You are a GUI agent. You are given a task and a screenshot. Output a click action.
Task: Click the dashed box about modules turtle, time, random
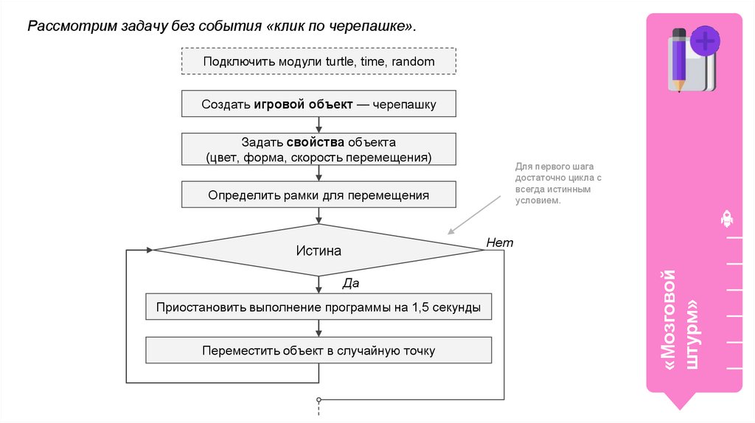tap(319, 61)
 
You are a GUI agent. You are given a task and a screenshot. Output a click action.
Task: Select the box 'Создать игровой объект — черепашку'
tap(319, 104)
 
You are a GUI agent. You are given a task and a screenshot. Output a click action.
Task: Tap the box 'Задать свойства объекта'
tap(319, 150)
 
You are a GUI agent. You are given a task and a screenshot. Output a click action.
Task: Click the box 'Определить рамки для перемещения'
tap(319, 195)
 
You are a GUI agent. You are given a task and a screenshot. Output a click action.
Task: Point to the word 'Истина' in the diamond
tap(319, 251)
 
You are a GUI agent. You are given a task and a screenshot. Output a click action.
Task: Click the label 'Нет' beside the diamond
tap(499, 242)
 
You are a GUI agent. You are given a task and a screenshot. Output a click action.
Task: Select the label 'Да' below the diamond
tap(350, 283)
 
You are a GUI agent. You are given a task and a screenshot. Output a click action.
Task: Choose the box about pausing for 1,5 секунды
tap(319, 307)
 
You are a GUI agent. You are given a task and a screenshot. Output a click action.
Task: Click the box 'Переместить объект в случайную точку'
tap(319, 351)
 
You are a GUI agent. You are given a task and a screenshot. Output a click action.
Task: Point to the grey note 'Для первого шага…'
tap(558, 183)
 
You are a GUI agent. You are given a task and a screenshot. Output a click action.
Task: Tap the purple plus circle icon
tap(706, 41)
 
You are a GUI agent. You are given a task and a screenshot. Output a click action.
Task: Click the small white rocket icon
tap(726, 219)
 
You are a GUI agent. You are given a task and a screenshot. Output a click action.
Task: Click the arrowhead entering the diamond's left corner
tap(149, 250)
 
